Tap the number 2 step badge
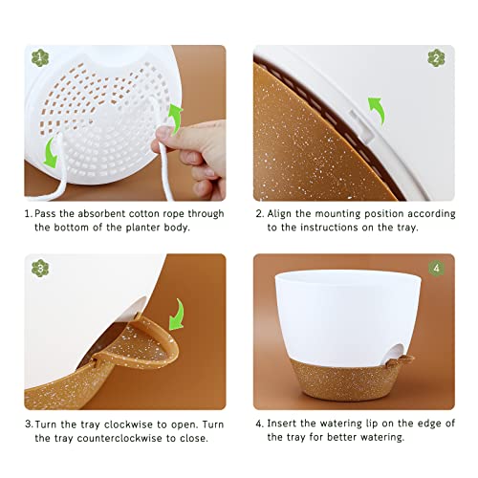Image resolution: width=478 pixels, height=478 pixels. click(x=436, y=57)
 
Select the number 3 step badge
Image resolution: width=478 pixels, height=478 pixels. click(x=39, y=268)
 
